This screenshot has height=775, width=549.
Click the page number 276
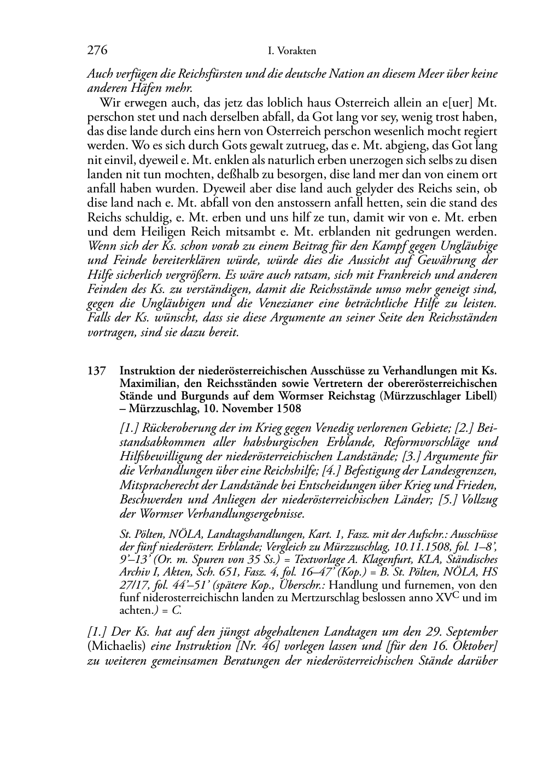pyautogui.click(x=97, y=51)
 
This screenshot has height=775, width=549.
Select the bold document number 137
pyautogui.click(x=96, y=371)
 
